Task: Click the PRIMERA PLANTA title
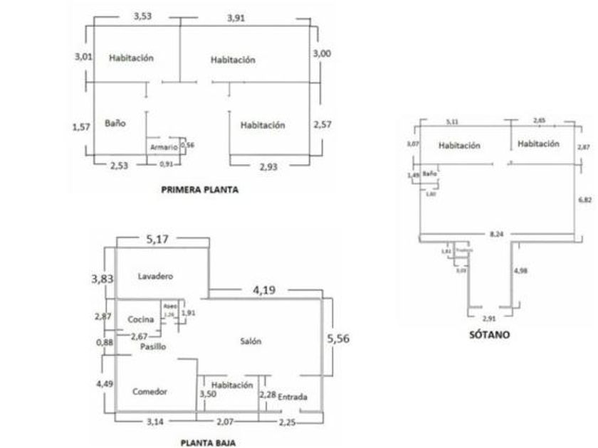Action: tap(200, 190)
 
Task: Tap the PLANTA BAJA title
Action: tap(208, 442)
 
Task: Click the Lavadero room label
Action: tap(156, 275)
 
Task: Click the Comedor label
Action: tap(149, 392)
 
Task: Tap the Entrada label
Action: tap(293, 396)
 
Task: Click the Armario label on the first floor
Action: tap(164, 147)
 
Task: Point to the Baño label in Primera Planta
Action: tap(115, 122)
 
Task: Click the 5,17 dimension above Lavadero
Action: tap(157, 241)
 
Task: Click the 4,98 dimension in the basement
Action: tap(521, 271)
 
